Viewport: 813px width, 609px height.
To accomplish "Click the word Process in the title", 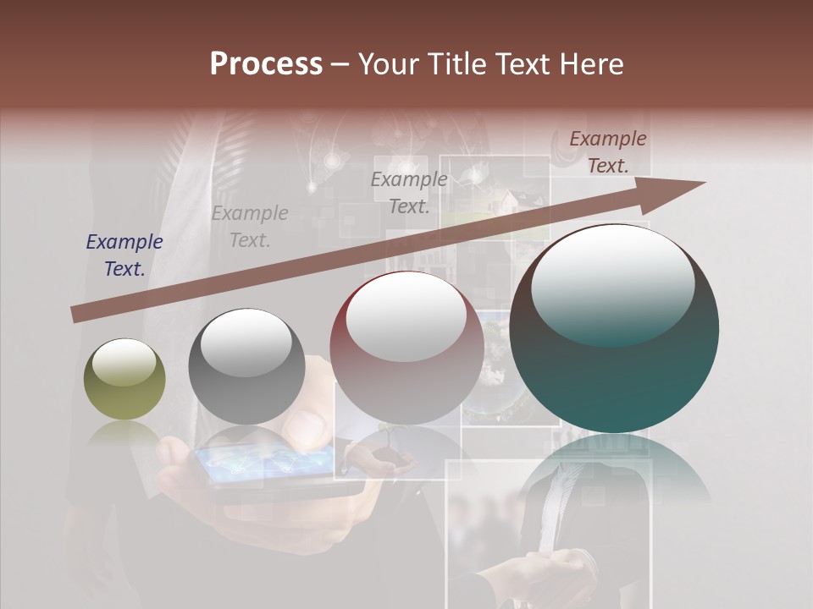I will click(266, 64).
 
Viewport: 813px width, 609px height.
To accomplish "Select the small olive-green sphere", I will click(124, 379).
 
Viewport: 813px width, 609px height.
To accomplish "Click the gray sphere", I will click(246, 367).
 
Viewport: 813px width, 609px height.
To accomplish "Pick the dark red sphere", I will click(406, 348).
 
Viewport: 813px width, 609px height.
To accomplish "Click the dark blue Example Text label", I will click(124, 255).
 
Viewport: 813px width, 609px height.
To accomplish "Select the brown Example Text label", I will click(608, 152).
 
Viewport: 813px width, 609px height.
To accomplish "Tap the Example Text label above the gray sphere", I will click(250, 226).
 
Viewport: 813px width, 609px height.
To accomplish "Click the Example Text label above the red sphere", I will click(409, 192).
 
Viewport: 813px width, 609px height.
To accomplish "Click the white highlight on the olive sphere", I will click(124, 364).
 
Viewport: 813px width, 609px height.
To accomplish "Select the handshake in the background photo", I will click(558, 568).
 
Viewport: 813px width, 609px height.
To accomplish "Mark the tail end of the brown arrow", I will click(76, 315).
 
